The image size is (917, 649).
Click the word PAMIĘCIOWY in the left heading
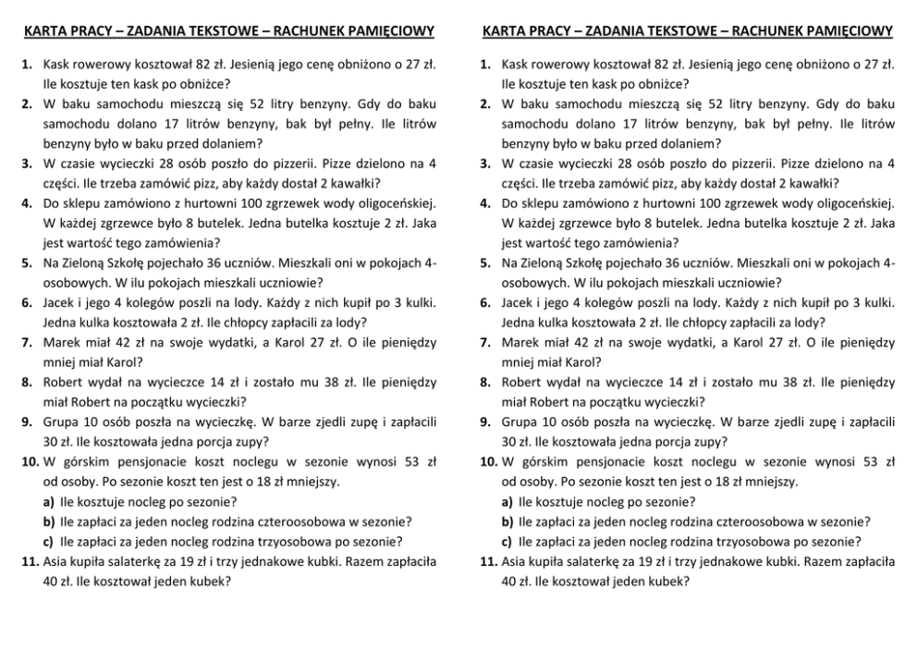[389, 31]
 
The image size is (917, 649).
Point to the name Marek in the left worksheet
[61, 342]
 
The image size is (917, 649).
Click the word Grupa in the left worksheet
[61, 422]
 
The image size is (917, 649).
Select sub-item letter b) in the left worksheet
[49, 521]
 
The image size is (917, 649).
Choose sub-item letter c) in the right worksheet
[507, 542]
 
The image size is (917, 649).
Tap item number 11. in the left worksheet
[30, 561]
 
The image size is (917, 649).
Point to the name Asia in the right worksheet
[515, 561]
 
